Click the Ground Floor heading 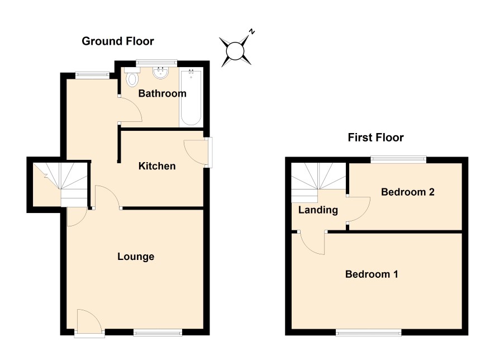click(118, 41)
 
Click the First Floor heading click(375, 138)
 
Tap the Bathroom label click(162, 93)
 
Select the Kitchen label click(157, 166)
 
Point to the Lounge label click(136, 257)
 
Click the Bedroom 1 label click(372, 274)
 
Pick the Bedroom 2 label click(407, 192)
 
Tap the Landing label click(318, 210)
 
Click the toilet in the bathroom click(132, 77)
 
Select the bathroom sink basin click(160, 73)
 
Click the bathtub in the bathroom click(191, 98)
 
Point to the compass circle click(235, 51)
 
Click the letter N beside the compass click(251, 31)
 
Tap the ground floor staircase click(60, 184)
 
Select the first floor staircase click(318, 183)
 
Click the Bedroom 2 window click(398, 159)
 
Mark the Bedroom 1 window click(368, 332)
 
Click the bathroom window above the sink click(156, 63)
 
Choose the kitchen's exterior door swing click(196, 152)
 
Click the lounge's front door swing click(89, 320)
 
